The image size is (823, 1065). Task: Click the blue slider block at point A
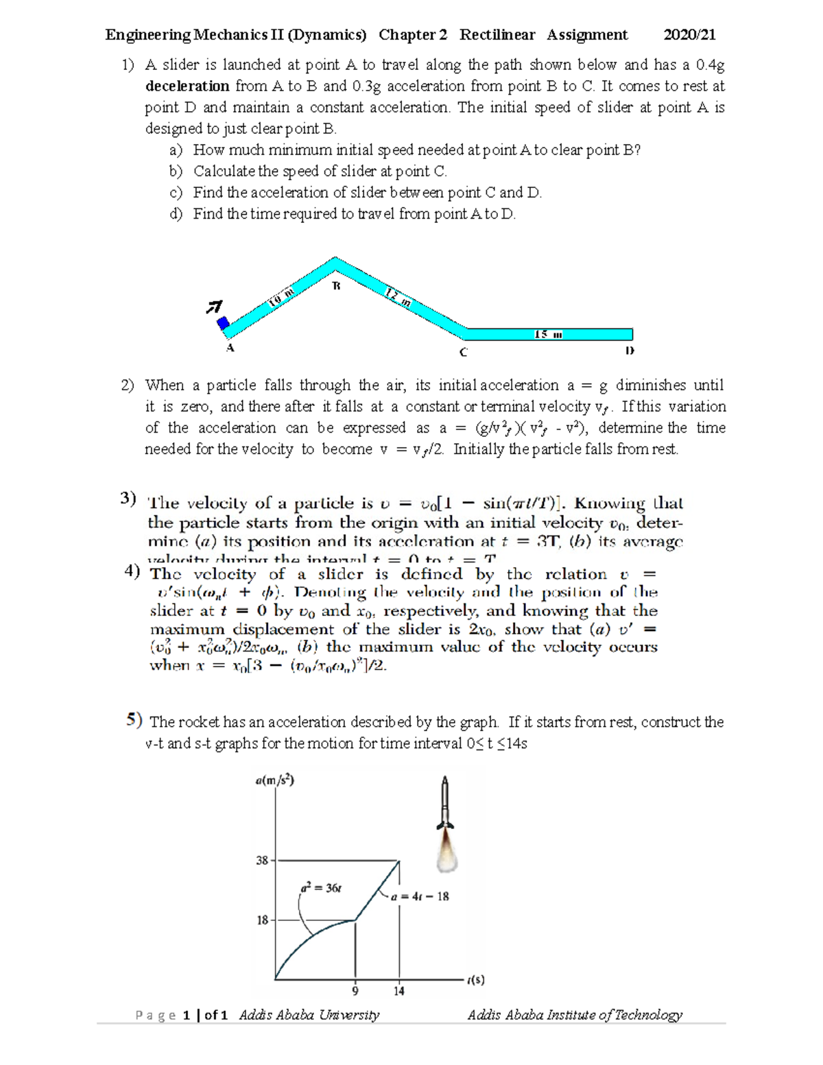(x=223, y=323)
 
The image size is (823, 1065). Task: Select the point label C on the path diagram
(x=464, y=352)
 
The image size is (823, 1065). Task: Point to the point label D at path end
(x=630, y=350)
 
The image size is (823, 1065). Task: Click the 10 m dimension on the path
(x=281, y=296)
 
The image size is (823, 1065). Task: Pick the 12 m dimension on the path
(x=398, y=297)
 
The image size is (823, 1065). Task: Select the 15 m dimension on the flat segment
(x=548, y=335)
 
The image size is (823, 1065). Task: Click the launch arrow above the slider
(x=215, y=307)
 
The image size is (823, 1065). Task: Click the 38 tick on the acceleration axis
(x=262, y=860)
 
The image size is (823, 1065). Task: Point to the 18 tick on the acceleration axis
(x=262, y=920)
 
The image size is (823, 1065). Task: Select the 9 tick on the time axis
(x=355, y=991)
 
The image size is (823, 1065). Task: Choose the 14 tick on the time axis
(x=399, y=991)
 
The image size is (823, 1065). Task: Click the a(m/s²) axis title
(x=274, y=780)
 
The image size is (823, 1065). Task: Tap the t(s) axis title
(x=475, y=980)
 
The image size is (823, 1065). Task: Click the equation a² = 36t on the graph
(x=321, y=887)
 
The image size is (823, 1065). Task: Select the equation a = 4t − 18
(x=420, y=896)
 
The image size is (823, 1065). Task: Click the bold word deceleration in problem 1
(x=187, y=86)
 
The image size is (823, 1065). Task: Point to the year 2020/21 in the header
(x=690, y=35)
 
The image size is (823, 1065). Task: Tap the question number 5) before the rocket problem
(x=134, y=719)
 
